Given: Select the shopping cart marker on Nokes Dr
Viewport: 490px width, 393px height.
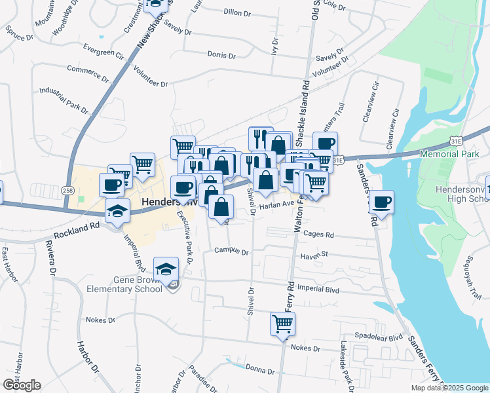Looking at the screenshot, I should tap(282, 324).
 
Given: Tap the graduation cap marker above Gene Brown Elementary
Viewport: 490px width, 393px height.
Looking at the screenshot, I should tap(166, 269).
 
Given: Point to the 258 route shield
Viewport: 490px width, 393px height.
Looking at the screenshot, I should tap(69, 190).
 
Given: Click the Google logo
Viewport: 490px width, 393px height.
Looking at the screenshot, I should tap(22, 385).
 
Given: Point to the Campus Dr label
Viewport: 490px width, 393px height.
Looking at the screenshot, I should tap(233, 252).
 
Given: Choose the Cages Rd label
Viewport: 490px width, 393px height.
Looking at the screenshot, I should tap(319, 234).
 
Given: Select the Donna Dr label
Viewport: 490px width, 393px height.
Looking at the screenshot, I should tap(260, 371).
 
